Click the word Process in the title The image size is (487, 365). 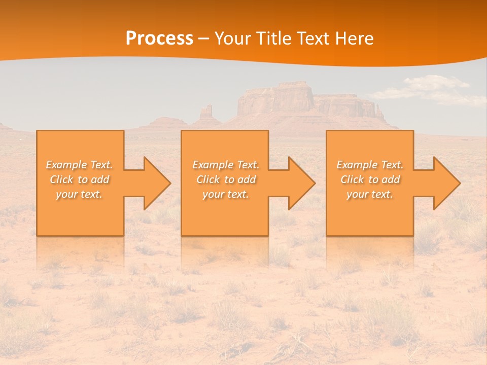pyautogui.click(x=159, y=39)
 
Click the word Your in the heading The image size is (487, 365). pyautogui.click(x=232, y=39)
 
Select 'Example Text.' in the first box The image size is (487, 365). pyautogui.click(x=80, y=165)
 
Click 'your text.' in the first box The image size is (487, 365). pyautogui.click(x=80, y=194)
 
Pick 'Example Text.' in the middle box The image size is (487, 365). pyautogui.click(x=226, y=165)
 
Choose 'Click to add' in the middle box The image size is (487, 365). pyautogui.click(x=226, y=179)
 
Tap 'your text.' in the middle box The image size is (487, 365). pyautogui.click(x=226, y=194)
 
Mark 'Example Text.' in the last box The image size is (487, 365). pyautogui.click(x=370, y=165)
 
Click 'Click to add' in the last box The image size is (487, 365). pyautogui.click(x=370, y=179)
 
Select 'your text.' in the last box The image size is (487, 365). pyautogui.click(x=370, y=194)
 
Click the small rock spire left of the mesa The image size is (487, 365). pyautogui.click(x=206, y=113)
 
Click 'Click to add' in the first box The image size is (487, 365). pyautogui.click(x=80, y=179)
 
